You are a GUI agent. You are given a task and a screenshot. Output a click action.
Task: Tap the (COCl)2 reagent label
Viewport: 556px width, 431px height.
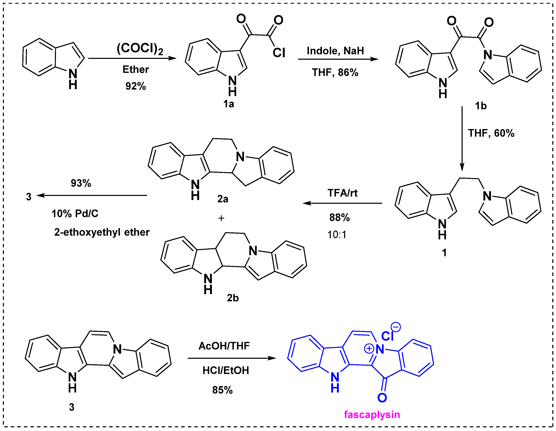140,48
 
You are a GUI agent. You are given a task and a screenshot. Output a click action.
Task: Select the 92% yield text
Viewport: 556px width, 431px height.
135,86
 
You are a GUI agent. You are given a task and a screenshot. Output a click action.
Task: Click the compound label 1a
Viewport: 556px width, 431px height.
228,104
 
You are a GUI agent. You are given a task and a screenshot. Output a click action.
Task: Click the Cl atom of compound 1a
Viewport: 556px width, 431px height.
279,53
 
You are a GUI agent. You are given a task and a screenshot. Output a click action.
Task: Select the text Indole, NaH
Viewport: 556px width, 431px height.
335,51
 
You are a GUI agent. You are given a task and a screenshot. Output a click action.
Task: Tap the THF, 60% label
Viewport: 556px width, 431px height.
491,133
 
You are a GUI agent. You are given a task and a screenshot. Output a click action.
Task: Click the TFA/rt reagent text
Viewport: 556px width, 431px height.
342,193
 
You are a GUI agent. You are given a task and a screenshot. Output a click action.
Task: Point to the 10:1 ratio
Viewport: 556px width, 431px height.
337,234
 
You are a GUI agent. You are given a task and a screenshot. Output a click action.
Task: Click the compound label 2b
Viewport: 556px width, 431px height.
233,298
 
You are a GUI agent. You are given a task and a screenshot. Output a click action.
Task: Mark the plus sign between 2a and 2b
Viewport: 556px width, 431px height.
221,218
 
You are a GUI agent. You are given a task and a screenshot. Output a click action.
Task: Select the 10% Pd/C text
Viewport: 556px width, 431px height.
75,213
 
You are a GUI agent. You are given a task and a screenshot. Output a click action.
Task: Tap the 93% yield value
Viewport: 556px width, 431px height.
81,183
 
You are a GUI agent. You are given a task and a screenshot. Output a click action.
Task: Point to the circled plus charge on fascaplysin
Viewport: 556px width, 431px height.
369,348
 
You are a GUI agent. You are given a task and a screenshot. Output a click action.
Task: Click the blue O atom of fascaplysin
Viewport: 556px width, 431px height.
382,398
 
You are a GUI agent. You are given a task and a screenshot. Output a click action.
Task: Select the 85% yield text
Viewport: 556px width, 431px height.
222,390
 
